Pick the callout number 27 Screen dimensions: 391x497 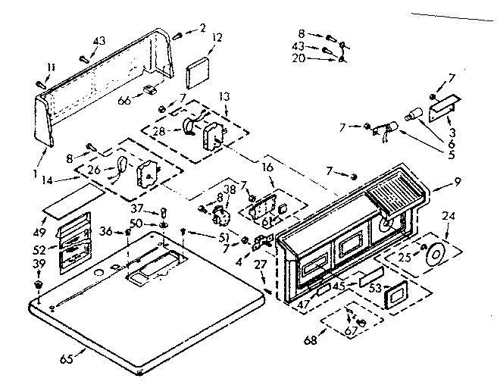coord(259,264)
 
